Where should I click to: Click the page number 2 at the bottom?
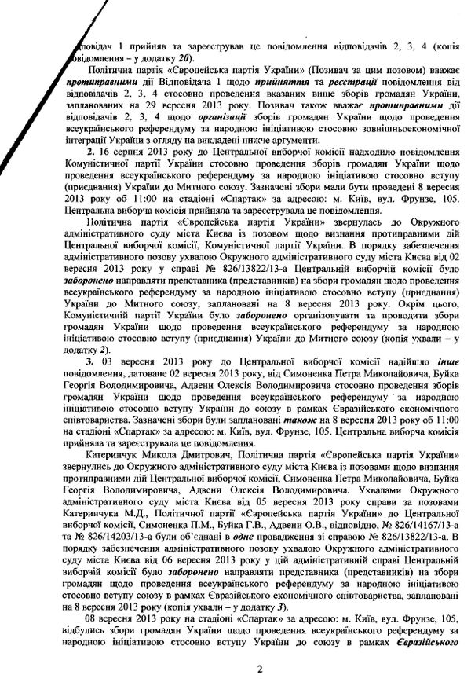tap(235, 669)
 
